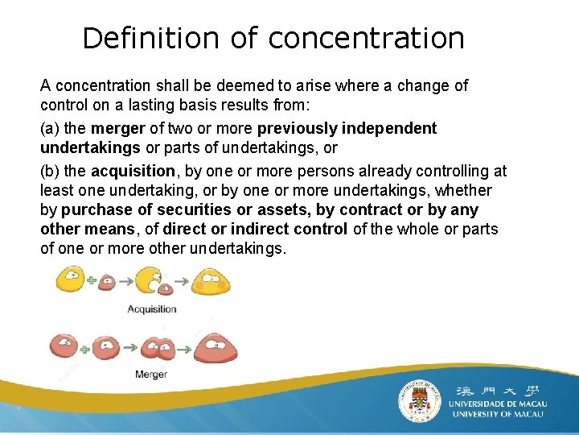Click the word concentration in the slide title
[x=366, y=38]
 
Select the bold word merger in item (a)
[x=118, y=128]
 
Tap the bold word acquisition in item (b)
[x=133, y=171]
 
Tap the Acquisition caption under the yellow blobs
[x=151, y=309]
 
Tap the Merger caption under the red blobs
[x=150, y=374]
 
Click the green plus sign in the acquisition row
[x=91, y=281]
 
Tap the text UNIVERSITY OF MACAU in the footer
[x=498, y=414]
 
